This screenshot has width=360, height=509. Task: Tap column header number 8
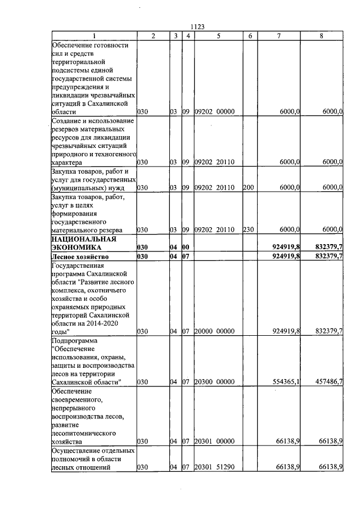pos(321,36)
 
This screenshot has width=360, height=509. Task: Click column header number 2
pos(153,36)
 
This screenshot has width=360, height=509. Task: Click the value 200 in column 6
pos(248,187)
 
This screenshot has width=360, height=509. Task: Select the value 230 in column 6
pos(248,229)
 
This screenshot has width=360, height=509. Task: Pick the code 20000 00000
pos(214,331)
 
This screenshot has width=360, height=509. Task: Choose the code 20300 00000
pos(214,382)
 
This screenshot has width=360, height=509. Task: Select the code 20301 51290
pos(214,467)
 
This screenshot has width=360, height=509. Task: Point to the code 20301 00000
pos(214,442)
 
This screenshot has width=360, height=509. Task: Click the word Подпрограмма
pos(74,341)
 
